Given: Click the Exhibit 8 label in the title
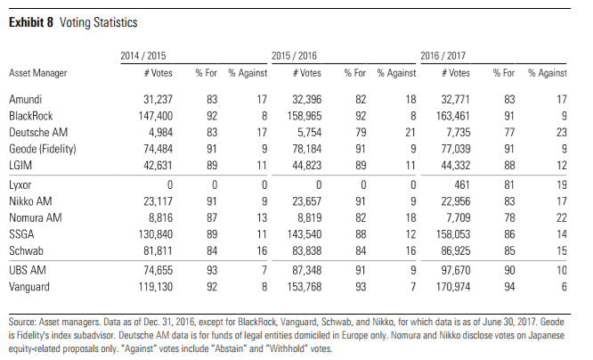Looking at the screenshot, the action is tap(31, 22).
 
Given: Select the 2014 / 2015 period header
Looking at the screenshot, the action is tap(143, 55).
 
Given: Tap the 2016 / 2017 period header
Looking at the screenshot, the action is tap(443, 55).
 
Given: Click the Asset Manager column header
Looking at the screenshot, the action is tap(37, 73).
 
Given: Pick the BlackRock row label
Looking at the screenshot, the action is tap(31, 116).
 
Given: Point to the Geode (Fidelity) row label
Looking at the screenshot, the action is tap(43, 149).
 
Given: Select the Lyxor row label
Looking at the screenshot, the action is tap(20, 185).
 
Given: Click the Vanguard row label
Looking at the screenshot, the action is tap(29, 287).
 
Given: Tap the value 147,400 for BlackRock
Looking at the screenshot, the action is tap(156, 116).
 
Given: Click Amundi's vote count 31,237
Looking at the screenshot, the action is tap(158, 99).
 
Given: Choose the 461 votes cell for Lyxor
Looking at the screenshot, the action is tap(462, 184).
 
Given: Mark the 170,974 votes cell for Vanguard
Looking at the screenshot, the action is tap(453, 287).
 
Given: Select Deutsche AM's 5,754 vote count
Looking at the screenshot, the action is tap(306, 132).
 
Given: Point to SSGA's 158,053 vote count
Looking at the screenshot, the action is tap(453, 234).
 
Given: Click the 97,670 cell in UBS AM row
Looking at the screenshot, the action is tap(456, 270).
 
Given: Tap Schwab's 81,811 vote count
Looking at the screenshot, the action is tap(158, 250).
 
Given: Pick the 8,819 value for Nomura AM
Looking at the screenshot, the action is tap(306, 217).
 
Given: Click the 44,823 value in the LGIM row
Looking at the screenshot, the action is tap(306, 166).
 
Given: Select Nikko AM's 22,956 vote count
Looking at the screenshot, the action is tap(456, 201).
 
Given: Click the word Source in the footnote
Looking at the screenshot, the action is tap(22, 322).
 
